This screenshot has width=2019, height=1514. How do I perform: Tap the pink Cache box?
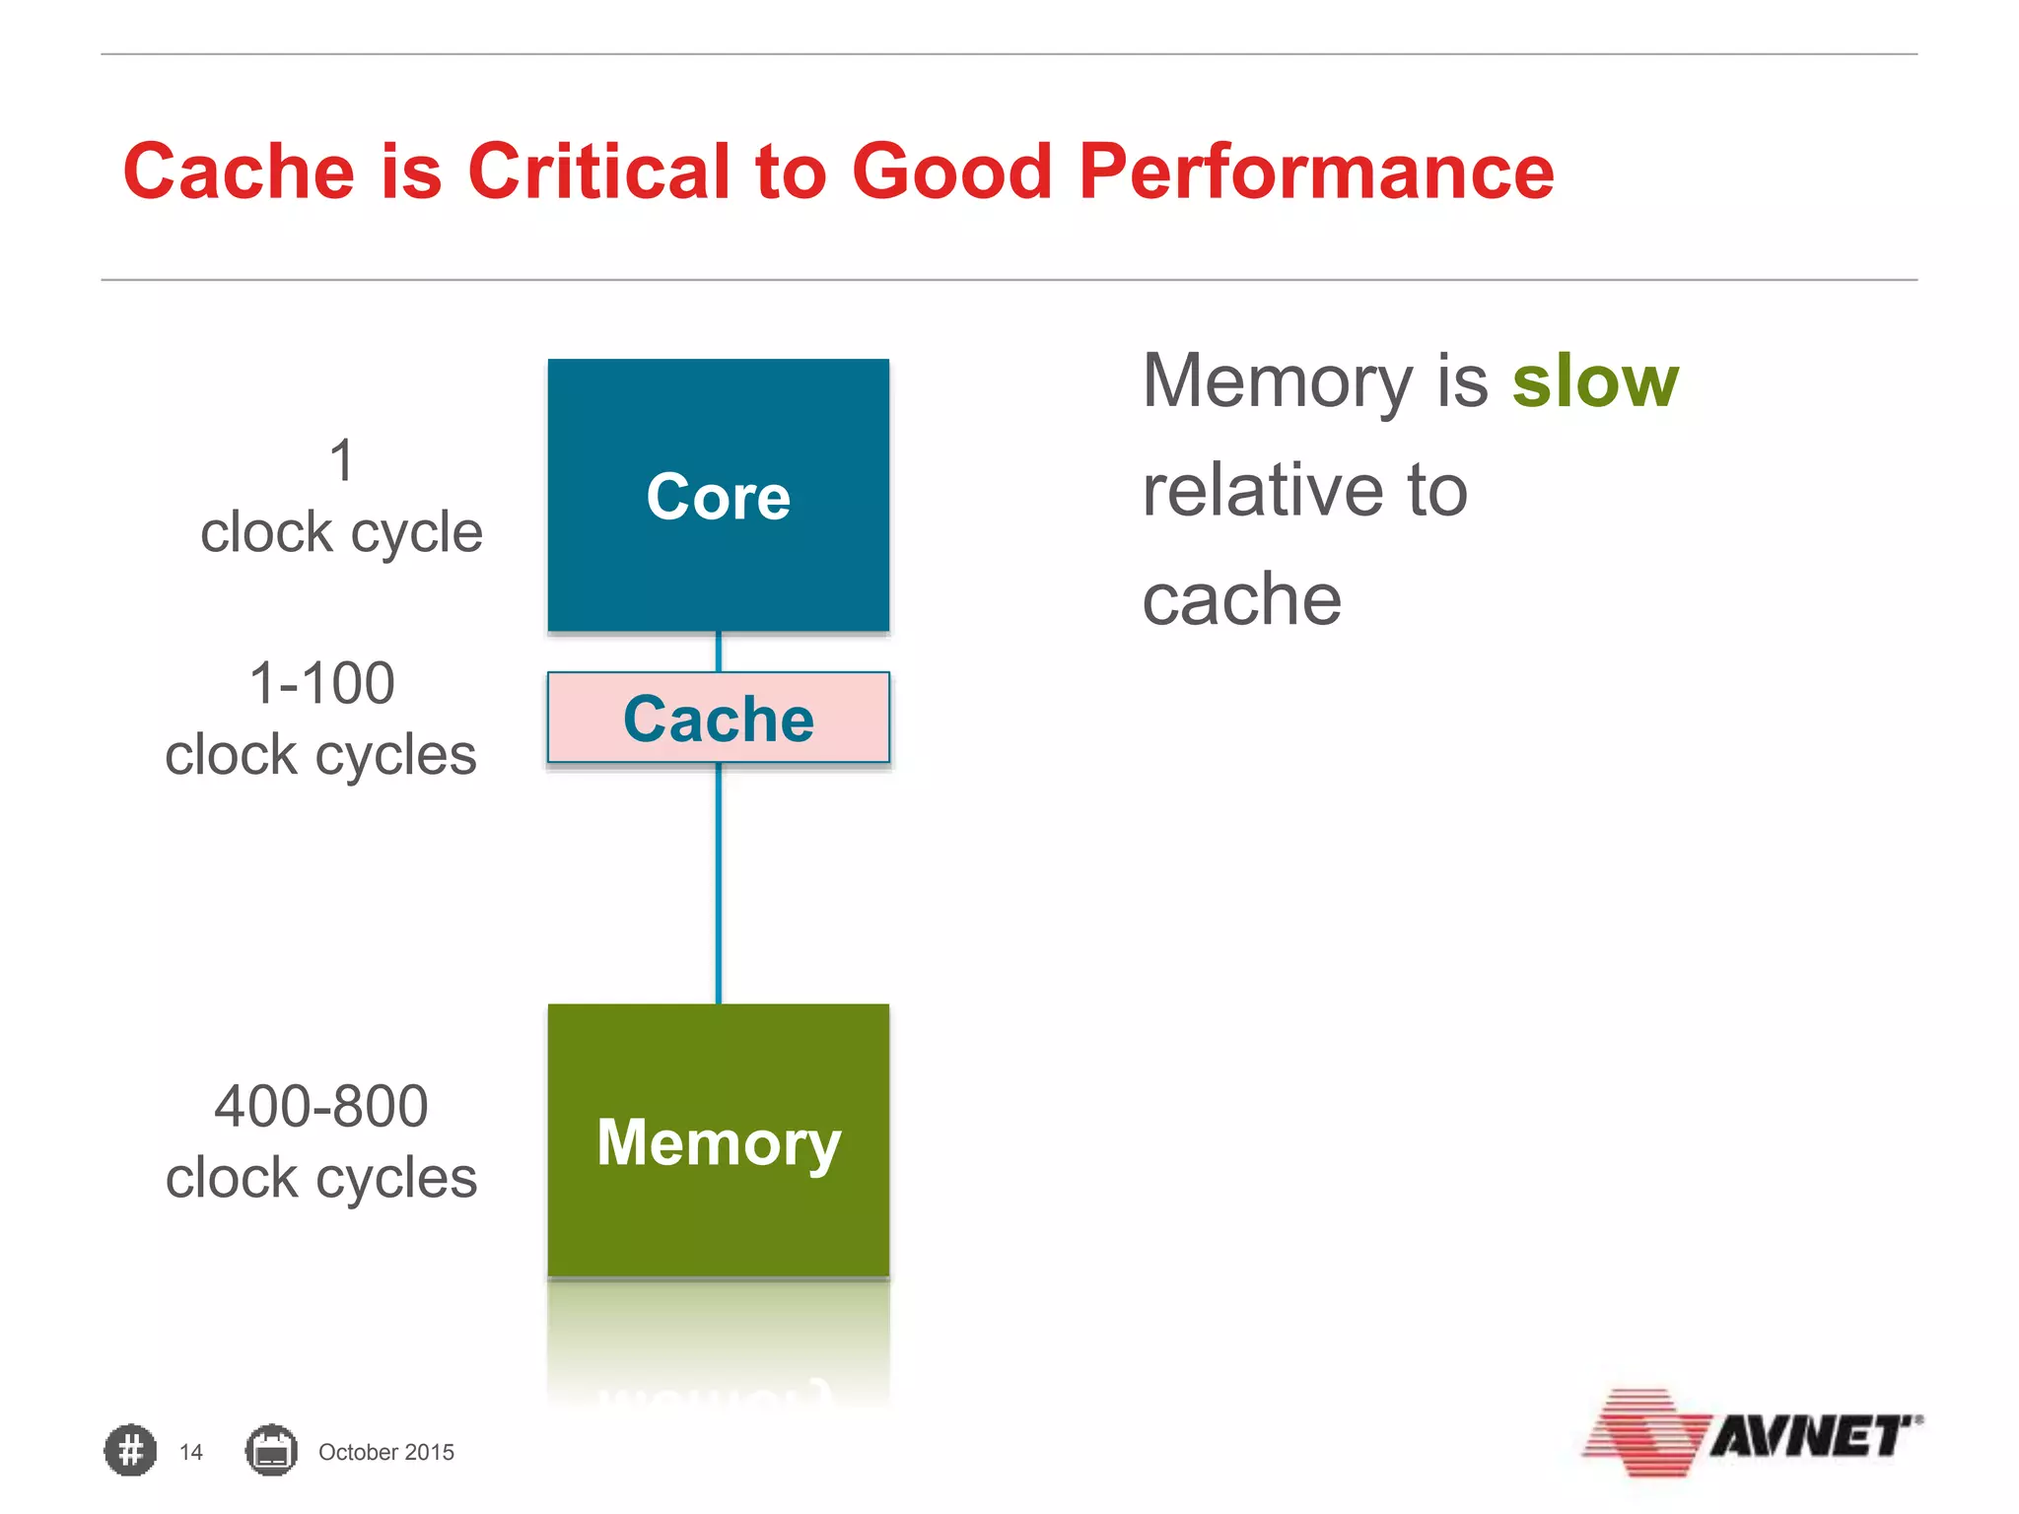pyautogui.click(x=718, y=718)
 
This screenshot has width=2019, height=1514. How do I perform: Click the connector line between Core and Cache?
pyautogui.click(x=718, y=652)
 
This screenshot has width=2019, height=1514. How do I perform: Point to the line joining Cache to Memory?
pyautogui.click(x=718, y=882)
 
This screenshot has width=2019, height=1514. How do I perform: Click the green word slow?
pyautogui.click(x=1594, y=381)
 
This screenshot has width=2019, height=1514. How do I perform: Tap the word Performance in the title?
pyautogui.click(x=1315, y=172)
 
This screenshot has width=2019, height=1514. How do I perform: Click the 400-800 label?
pyautogui.click(x=321, y=1106)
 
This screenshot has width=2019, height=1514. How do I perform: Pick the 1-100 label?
pyautogui.click(x=321, y=683)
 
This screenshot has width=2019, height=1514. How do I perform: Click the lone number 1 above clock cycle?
pyautogui.click(x=341, y=460)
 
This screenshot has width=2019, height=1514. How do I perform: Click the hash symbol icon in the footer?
pyautogui.click(x=130, y=1451)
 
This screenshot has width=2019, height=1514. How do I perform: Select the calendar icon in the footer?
pyautogui.click(x=271, y=1451)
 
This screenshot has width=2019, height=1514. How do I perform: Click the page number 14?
pyautogui.click(x=191, y=1452)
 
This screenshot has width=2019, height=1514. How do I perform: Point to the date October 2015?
pyautogui.click(x=385, y=1452)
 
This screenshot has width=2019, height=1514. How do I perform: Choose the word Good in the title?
pyautogui.click(x=951, y=172)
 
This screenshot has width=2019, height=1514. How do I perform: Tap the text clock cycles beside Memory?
pyautogui.click(x=321, y=1178)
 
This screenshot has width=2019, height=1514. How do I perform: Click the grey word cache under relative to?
pyautogui.click(x=1241, y=599)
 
